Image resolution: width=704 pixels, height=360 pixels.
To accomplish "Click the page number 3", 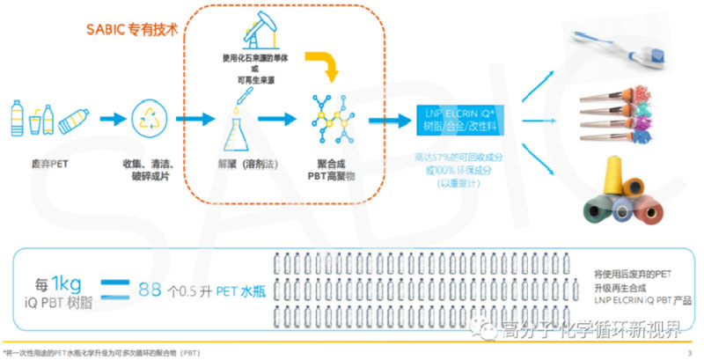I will tap(688, 352).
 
